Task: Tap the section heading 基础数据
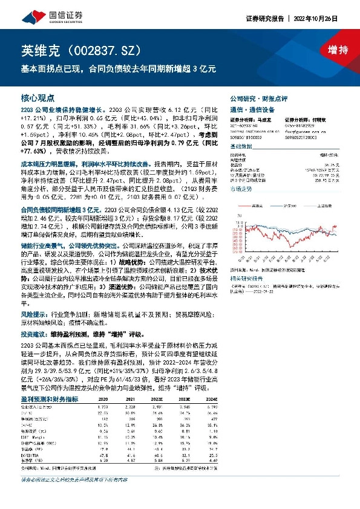pos(243,146)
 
